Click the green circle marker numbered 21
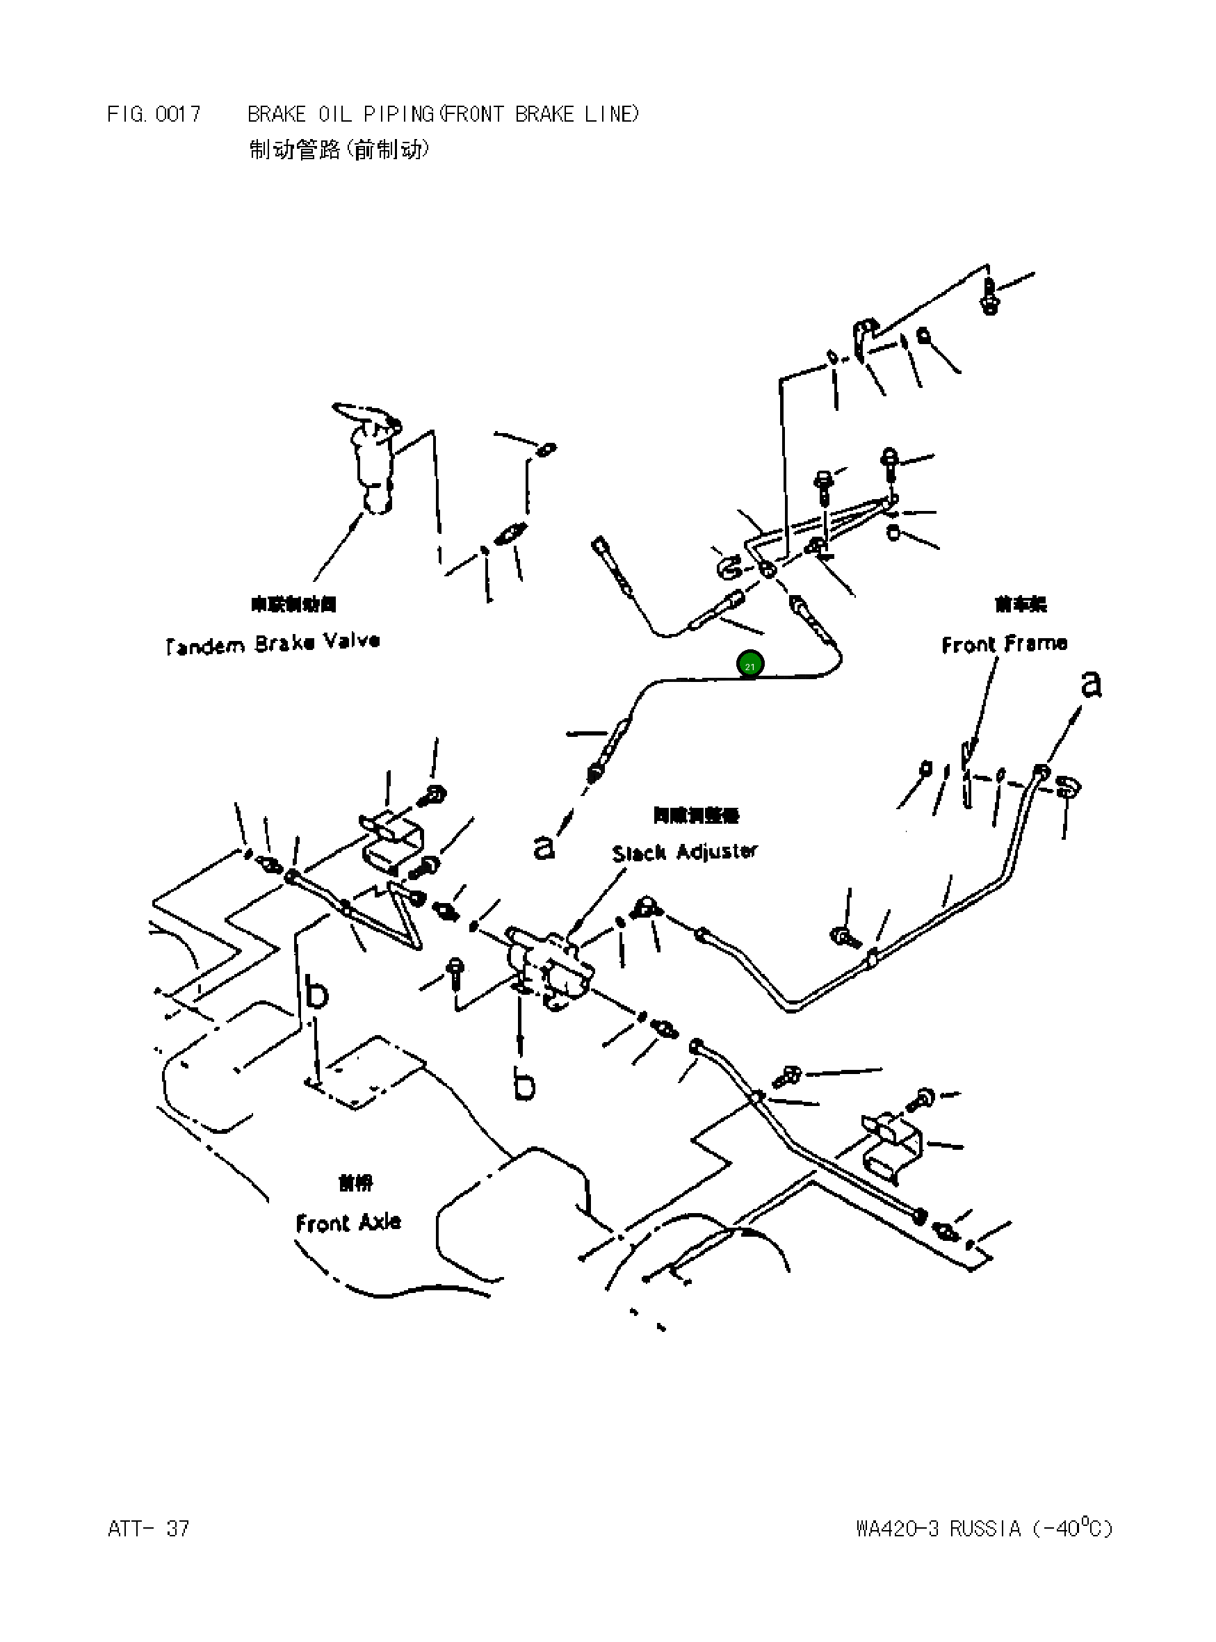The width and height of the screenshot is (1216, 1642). (749, 665)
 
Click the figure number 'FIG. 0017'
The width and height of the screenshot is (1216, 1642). (154, 114)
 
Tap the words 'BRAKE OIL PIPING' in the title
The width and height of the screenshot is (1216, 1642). (340, 114)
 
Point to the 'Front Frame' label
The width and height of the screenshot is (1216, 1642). (1004, 644)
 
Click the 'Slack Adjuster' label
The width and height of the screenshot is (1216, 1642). (684, 852)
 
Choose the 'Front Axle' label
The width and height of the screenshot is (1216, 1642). (348, 1223)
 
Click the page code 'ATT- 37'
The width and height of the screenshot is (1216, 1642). (148, 1529)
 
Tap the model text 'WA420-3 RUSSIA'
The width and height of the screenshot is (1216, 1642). (938, 1529)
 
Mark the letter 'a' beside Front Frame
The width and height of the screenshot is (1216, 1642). (1091, 684)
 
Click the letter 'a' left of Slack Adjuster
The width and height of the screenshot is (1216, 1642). (543, 847)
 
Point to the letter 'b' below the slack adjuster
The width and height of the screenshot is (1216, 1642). (524, 1083)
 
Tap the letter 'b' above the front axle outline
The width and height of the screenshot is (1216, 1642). (316, 992)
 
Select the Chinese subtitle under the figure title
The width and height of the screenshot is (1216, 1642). (339, 150)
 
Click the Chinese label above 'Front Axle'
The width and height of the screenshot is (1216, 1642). (355, 1182)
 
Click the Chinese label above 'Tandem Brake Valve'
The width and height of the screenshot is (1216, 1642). (293, 604)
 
